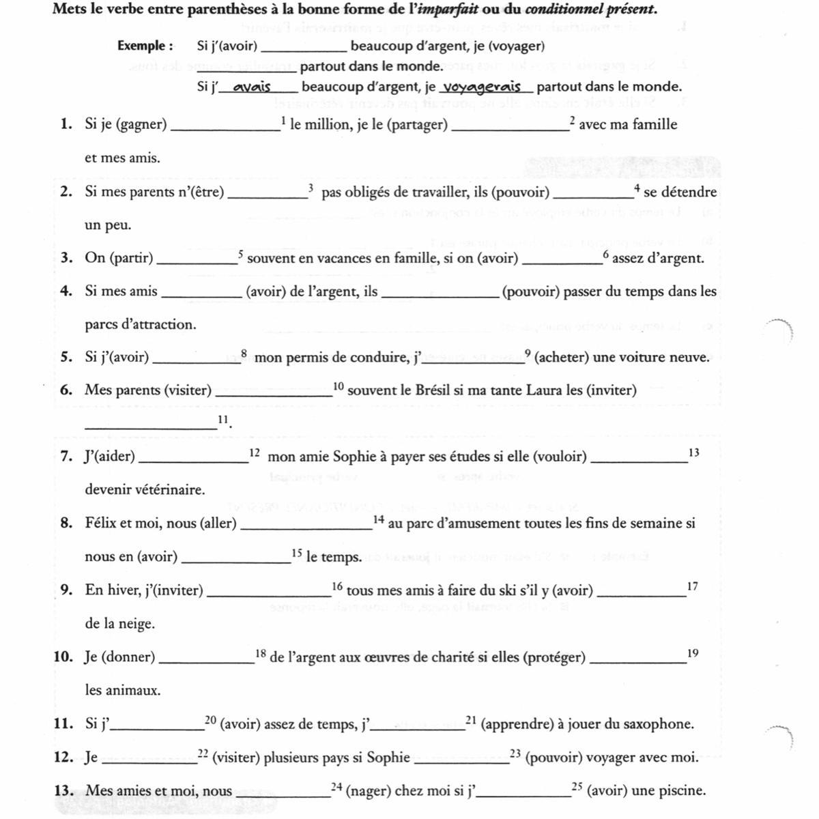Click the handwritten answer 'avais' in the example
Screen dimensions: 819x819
(x=252, y=87)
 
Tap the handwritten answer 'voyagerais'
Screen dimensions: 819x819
(x=483, y=87)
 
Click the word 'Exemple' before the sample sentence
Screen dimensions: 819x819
(x=141, y=46)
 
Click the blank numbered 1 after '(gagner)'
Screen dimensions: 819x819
(x=225, y=128)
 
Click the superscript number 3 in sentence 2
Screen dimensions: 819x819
(x=311, y=188)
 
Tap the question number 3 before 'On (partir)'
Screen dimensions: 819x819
(x=66, y=258)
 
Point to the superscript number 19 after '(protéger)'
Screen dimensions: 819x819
(x=693, y=653)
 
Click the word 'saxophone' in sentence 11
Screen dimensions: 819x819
(x=659, y=724)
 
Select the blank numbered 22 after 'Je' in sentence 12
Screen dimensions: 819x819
(x=149, y=761)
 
